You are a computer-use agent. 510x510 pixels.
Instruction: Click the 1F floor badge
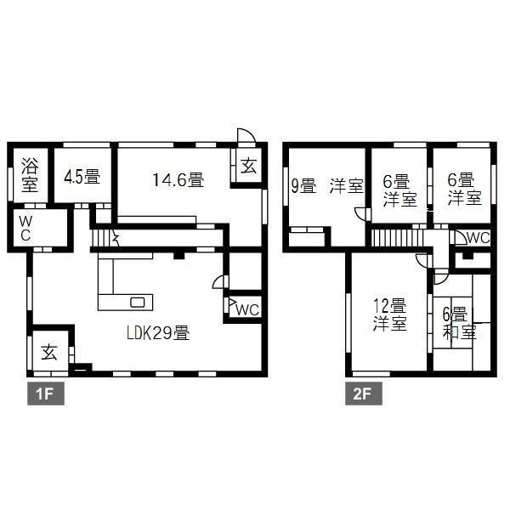[x=46, y=394]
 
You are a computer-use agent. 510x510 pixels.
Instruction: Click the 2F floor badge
[x=364, y=394]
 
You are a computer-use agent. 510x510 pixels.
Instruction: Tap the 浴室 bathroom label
[x=30, y=174]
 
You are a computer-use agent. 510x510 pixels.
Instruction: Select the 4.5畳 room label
[x=82, y=177]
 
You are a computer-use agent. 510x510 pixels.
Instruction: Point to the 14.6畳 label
[x=178, y=179]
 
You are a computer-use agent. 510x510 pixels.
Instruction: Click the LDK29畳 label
[x=158, y=332]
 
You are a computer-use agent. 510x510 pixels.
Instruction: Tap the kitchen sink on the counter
[x=137, y=303]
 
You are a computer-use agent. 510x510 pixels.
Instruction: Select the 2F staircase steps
[x=397, y=238]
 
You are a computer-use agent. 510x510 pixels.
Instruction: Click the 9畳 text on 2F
[x=303, y=186]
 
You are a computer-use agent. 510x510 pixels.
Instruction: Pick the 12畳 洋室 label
[x=389, y=314]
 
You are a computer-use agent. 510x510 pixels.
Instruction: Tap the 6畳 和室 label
[x=459, y=323]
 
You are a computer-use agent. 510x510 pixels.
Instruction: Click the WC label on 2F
[x=478, y=238]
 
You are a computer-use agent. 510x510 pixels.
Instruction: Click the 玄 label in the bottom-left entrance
[x=49, y=353]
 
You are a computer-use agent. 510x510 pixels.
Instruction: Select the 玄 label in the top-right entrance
[x=249, y=166]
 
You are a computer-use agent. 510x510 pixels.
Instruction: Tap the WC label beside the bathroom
[x=25, y=229]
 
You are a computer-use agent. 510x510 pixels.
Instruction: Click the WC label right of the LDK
[x=247, y=309]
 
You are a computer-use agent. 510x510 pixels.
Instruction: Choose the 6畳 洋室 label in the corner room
[x=464, y=190]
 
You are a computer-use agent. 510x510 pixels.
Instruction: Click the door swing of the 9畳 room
[x=360, y=213]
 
